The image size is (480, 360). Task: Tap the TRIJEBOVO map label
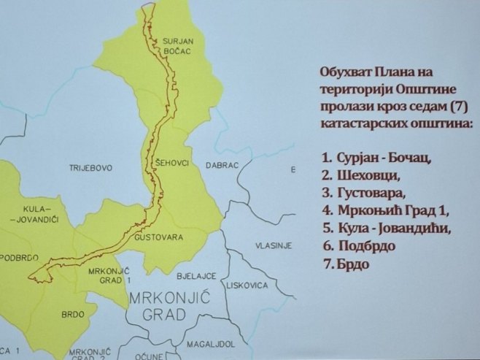90,168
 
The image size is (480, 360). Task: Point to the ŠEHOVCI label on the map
171,160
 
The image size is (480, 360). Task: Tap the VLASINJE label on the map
273,246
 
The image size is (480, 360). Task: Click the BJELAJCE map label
196,277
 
